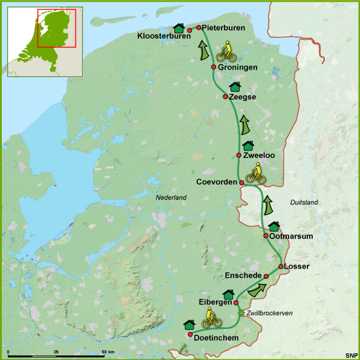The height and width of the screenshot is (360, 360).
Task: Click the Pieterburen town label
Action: coord(224,27)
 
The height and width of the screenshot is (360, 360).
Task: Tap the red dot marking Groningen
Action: coord(214,67)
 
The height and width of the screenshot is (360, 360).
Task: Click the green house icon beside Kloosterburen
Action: coord(178,27)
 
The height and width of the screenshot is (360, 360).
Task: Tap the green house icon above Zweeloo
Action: coord(247,146)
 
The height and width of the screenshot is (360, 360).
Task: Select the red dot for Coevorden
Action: coord(241,182)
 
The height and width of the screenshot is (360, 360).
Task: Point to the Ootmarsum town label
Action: coord(292,236)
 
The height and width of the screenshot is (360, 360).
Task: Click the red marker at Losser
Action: coord(281,267)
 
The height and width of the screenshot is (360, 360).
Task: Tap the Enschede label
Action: coord(243,276)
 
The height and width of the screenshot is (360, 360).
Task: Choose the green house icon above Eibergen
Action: coord(228,295)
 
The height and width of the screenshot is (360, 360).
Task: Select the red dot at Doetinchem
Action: coord(191,335)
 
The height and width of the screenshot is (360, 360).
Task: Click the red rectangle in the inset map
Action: coord(56,28)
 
